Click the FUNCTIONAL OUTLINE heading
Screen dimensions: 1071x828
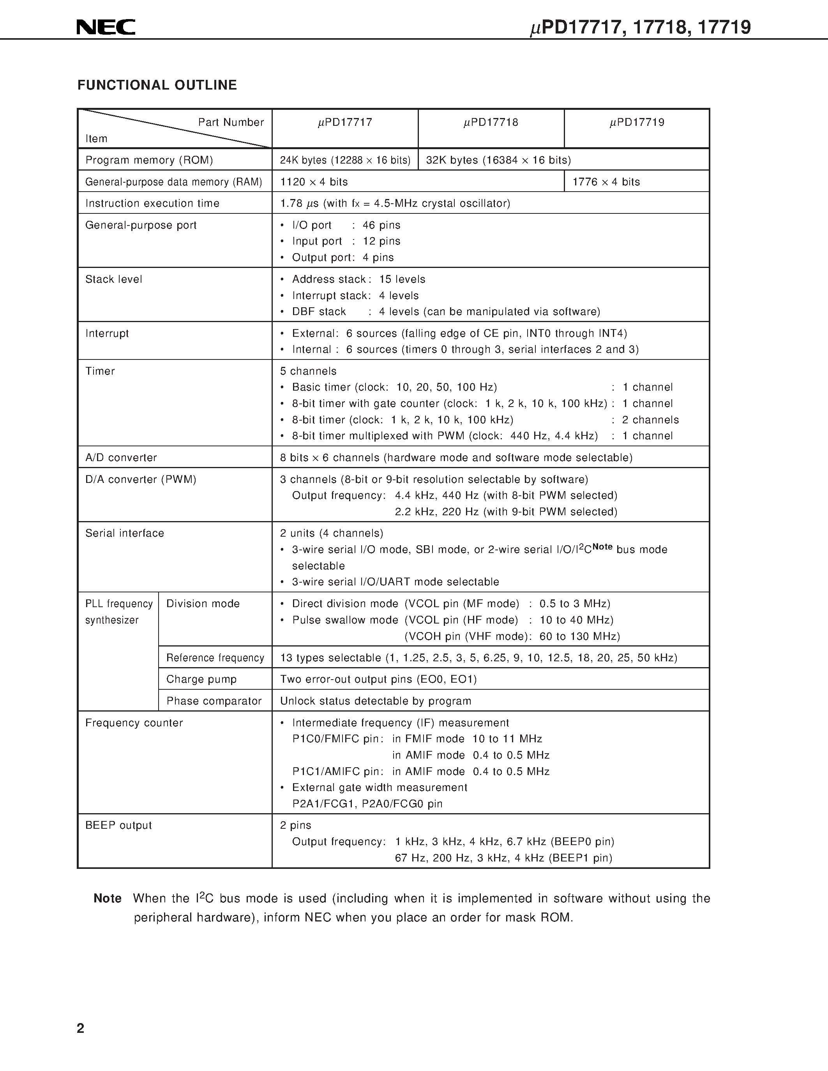157,85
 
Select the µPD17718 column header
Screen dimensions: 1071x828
491,123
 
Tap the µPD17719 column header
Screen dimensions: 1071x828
637,123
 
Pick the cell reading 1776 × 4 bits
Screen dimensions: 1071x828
606,182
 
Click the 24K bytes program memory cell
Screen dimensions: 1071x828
345,160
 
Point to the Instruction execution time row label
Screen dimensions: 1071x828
152,204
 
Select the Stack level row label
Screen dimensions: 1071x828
113,280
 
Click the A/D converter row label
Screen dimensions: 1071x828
121,458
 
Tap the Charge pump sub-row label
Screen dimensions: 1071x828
201,679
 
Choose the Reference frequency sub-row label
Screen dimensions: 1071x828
215,658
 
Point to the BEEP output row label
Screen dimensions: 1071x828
118,825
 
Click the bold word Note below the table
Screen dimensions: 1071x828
108,898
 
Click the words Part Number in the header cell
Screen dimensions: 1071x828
231,123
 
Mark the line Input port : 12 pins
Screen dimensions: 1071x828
346,241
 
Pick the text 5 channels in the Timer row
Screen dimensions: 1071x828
308,371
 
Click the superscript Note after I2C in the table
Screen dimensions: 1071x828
602,547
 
